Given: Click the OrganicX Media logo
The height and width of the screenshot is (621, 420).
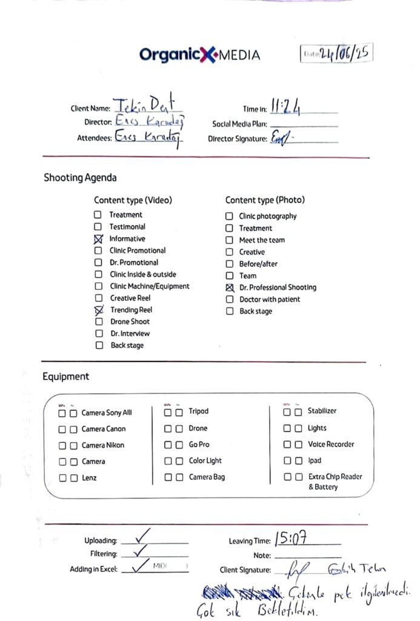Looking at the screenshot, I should pyautogui.click(x=199, y=55).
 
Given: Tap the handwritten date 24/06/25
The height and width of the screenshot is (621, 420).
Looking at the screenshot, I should pyautogui.click(x=344, y=53).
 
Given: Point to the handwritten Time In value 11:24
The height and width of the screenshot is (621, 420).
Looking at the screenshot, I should pyautogui.click(x=286, y=107).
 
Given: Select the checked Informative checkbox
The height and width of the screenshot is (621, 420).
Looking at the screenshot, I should pyautogui.click(x=98, y=239).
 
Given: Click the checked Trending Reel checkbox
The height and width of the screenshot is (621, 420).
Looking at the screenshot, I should pyautogui.click(x=99, y=310).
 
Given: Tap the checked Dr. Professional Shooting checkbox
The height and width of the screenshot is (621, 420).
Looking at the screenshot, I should pyautogui.click(x=229, y=287).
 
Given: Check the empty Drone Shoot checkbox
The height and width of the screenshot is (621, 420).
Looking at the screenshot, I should pyautogui.click(x=99, y=322).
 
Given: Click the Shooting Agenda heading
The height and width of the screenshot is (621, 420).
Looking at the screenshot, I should pyautogui.click(x=80, y=178).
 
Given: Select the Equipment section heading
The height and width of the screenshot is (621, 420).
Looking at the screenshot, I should pyautogui.click(x=65, y=377).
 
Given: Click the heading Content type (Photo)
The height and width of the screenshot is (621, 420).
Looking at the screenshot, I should pyautogui.click(x=265, y=200).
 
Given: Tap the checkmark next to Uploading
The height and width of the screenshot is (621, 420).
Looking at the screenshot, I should pyautogui.click(x=144, y=535).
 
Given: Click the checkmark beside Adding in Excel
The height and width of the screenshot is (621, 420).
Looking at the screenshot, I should pyautogui.click(x=141, y=566).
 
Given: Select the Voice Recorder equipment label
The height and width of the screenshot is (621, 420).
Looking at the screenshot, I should pyautogui.click(x=331, y=444).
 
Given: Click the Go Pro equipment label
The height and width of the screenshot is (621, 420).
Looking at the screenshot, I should pyautogui.click(x=199, y=445).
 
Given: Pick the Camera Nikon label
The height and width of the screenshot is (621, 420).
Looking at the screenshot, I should pyautogui.click(x=103, y=445).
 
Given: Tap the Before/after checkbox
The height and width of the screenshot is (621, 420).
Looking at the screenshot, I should pyautogui.click(x=229, y=264).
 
